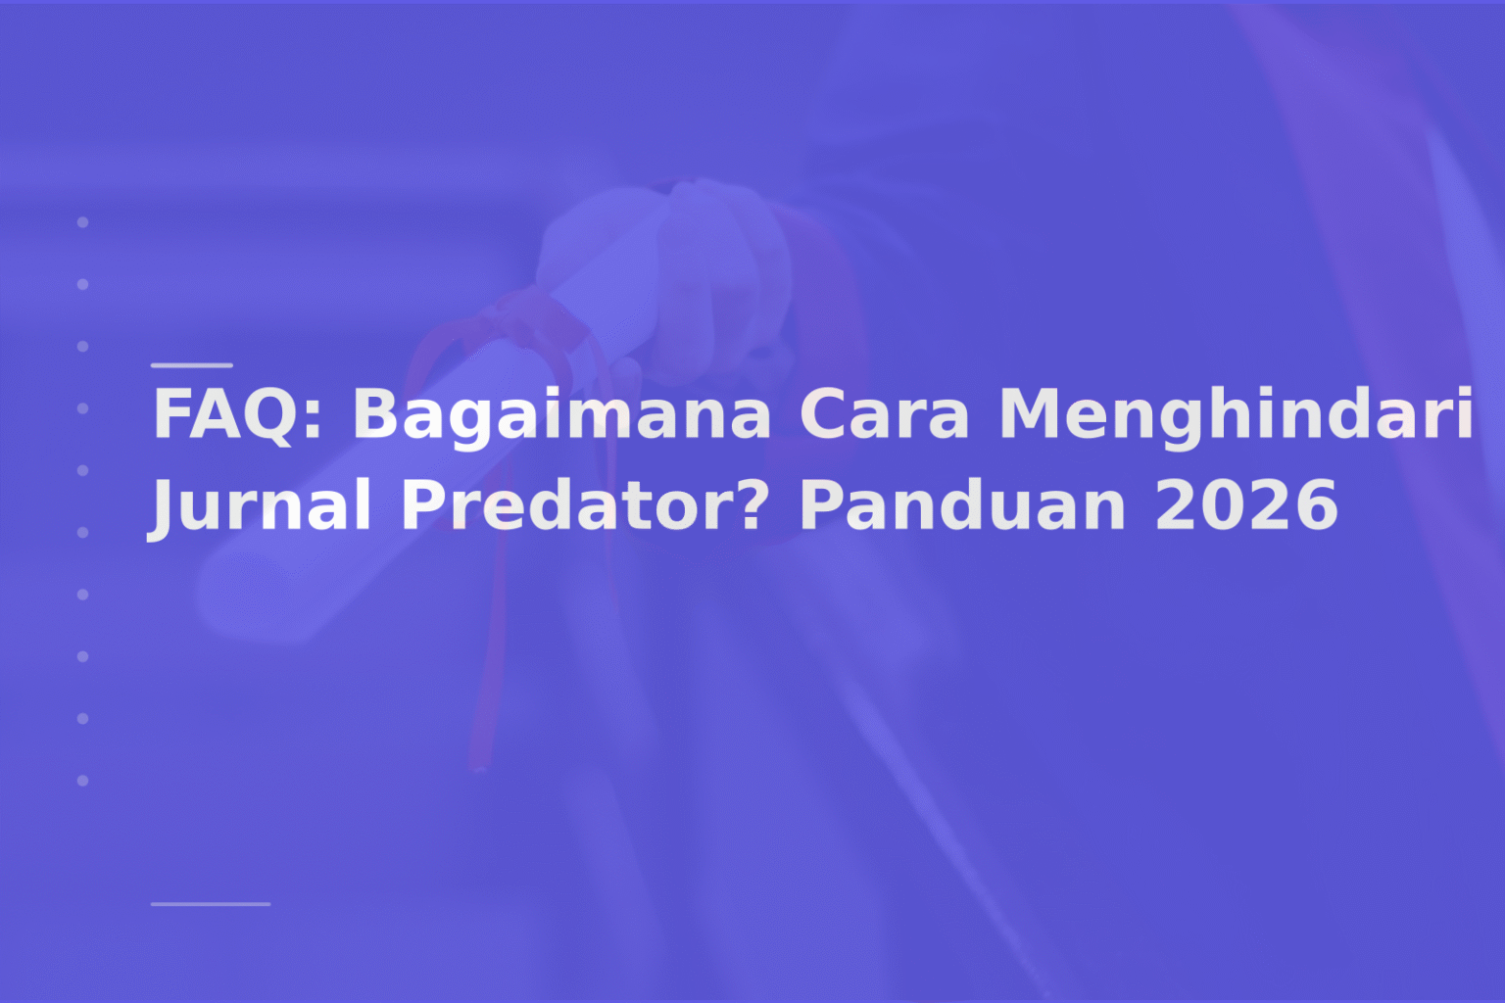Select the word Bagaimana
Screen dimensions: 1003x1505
(561, 414)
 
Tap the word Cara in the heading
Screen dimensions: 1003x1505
(884, 414)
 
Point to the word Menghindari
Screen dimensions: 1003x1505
(1236, 414)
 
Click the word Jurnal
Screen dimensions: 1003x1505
(261, 505)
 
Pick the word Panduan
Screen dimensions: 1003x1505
(962, 505)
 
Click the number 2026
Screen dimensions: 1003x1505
(1246, 505)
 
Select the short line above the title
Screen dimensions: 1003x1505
(192, 364)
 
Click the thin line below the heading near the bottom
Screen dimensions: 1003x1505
(211, 903)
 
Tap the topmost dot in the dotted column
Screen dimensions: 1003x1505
(83, 222)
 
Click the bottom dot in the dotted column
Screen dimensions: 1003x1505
(83, 781)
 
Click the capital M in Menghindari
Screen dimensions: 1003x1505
(1029, 414)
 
